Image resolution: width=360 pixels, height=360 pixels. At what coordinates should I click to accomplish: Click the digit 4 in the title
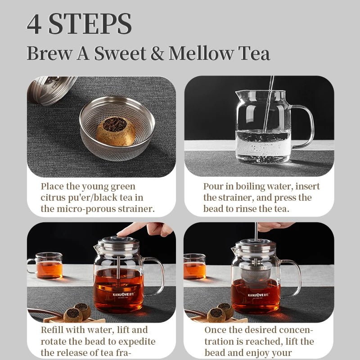click(x=34, y=24)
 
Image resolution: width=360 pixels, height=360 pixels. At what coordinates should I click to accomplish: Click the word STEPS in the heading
click(x=90, y=24)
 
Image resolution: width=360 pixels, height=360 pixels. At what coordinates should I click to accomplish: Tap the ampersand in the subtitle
click(x=157, y=53)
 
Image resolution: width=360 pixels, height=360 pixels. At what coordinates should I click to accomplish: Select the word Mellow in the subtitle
click(x=201, y=53)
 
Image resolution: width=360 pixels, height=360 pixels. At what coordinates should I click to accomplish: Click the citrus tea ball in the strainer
click(x=116, y=131)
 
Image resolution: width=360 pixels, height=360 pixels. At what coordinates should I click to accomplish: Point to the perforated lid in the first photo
click(x=52, y=90)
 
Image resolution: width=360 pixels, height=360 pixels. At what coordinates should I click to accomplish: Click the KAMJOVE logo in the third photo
click(x=123, y=295)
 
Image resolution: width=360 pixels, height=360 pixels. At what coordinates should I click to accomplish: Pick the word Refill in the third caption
click(x=52, y=330)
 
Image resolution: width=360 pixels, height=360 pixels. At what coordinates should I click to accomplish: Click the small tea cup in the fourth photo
click(x=195, y=266)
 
